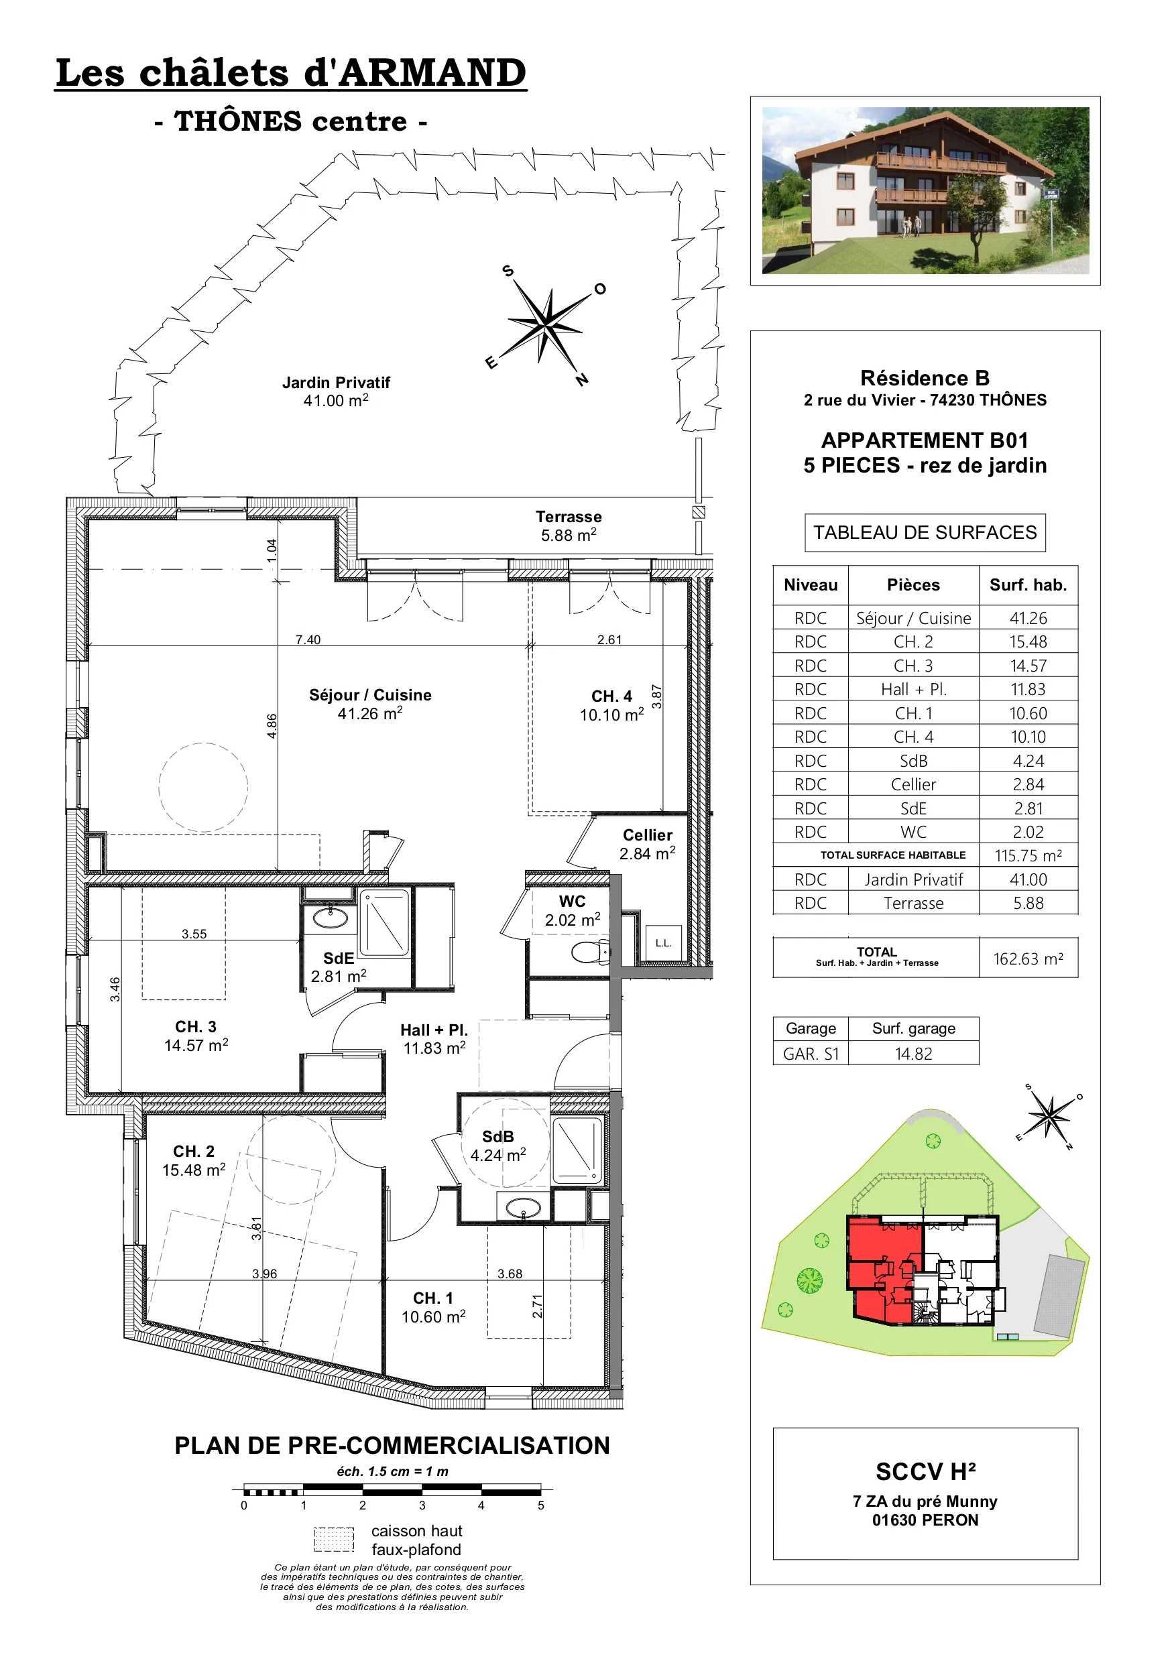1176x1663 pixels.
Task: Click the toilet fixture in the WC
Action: coord(591,952)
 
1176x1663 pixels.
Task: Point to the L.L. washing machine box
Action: coord(664,943)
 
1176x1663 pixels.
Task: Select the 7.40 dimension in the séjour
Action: coord(308,639)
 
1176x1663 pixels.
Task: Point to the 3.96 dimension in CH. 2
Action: coord(264,1274)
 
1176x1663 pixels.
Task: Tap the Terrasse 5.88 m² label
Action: coord(568,526)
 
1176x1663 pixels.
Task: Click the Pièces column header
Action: coord(913,585)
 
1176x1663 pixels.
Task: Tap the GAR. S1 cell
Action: coord(810,1054)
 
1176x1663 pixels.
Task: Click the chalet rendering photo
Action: coord(925,190)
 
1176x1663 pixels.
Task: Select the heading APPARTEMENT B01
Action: coord(925,440)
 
